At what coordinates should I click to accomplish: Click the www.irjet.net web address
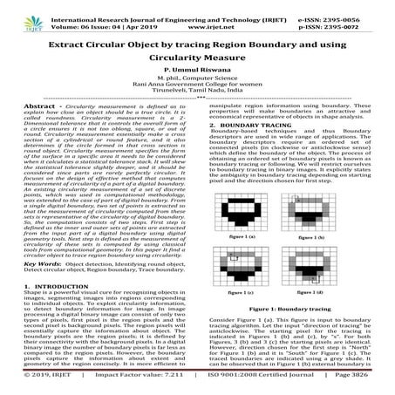point(199,16)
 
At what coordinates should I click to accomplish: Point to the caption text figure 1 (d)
point(330,298)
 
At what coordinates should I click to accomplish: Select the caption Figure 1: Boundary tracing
point(287,310)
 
